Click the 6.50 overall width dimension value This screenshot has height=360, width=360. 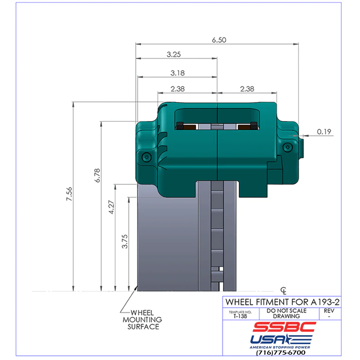pyautogui.click(x=219, y=40)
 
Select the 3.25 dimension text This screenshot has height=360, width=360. pyautogui.click(x=174, y=54)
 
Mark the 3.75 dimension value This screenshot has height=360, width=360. pyautogui.click(x=125, y=241)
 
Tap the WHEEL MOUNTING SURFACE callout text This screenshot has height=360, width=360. pyautogui.click(x=142, y=320)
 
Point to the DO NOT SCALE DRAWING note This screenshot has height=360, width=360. pyautogui.click(x=287, y=313)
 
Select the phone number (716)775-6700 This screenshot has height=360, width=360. pyautogui.click(x=281, y=352)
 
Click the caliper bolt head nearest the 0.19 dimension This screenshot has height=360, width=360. pyautogui.click(x=287, y=147)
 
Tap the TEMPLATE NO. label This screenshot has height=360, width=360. pyautogui.click(x=240, y=312)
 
